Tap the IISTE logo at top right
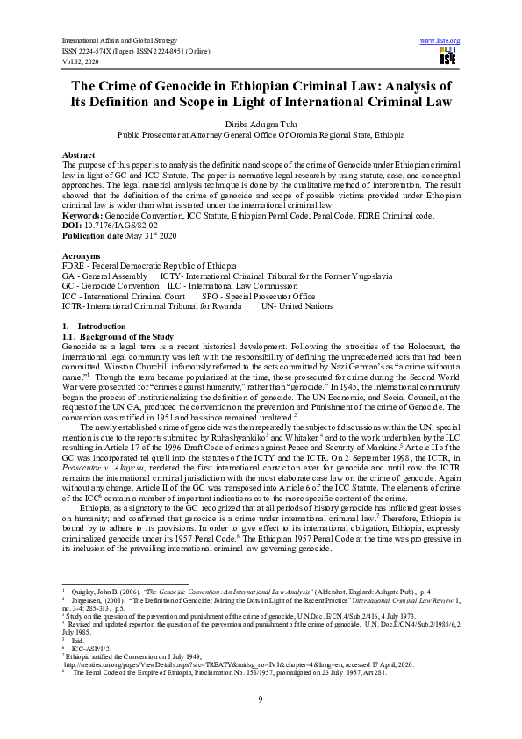point(447,57)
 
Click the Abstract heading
point(80,154)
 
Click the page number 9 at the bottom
point(261,698)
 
